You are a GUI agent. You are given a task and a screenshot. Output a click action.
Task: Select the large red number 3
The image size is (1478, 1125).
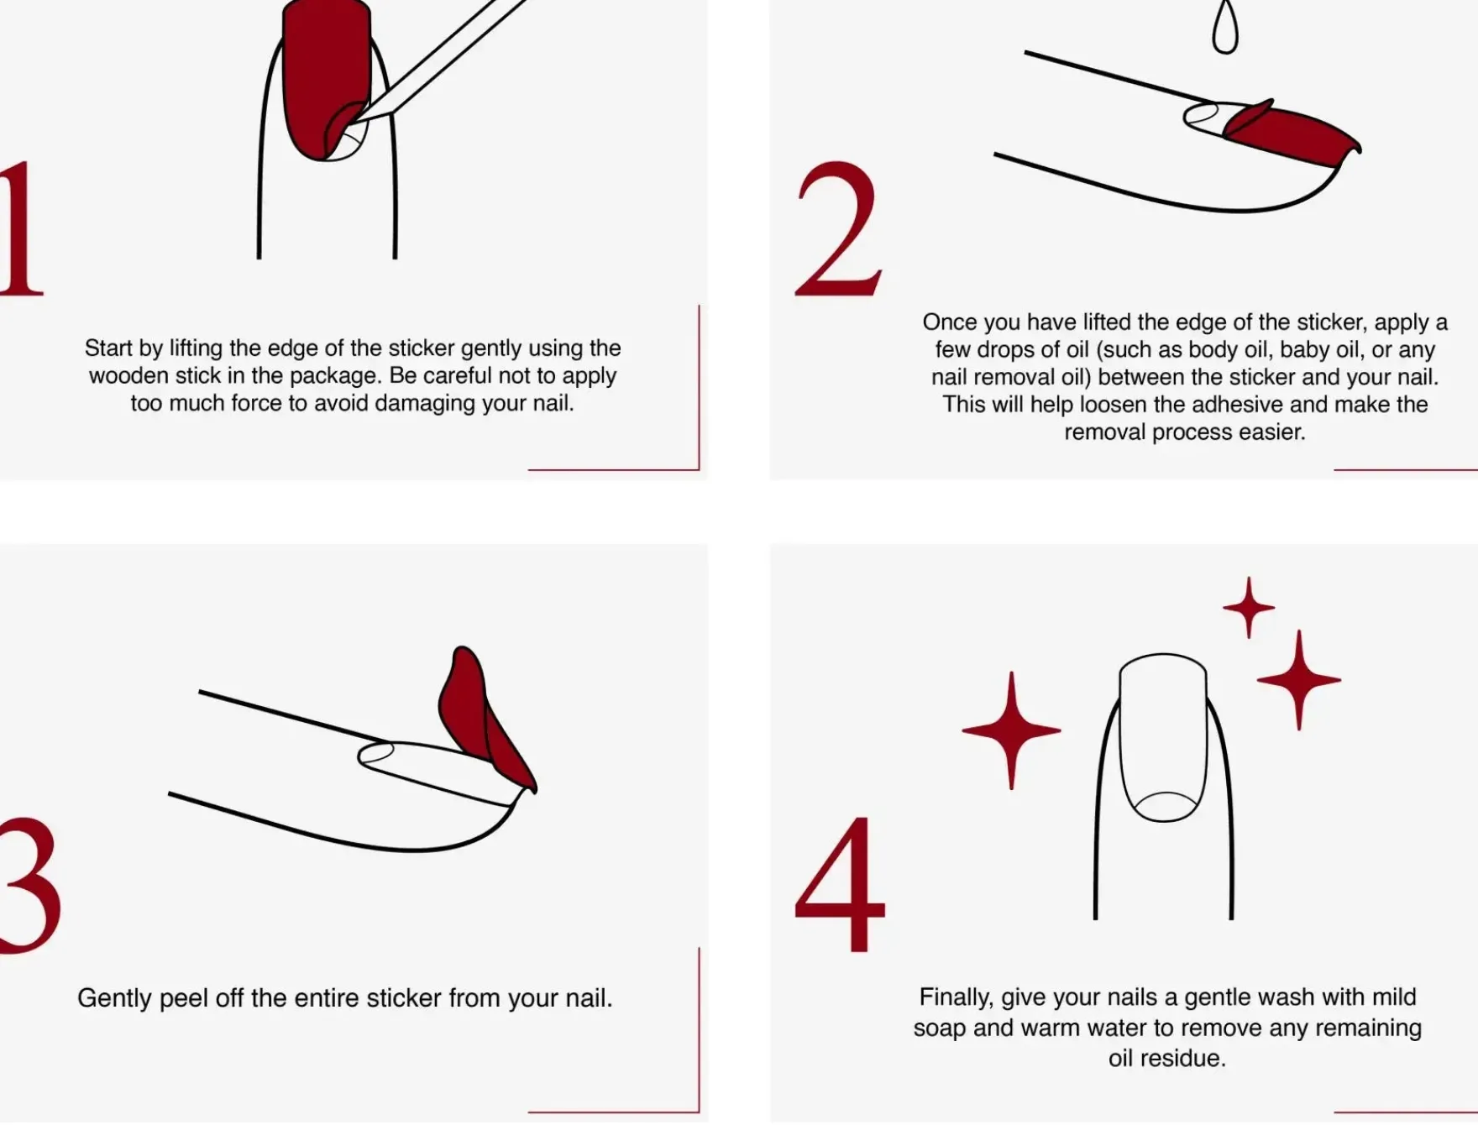coord(29,886)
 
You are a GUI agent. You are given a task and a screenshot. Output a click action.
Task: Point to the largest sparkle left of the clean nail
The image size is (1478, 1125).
coord(1011,730)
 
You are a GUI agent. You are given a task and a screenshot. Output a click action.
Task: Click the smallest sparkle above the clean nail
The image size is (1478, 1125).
coord(1249,607)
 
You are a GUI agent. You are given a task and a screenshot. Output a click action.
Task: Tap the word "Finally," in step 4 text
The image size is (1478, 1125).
coord(957,997)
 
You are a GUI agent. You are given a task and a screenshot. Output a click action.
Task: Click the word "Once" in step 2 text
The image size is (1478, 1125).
coord(949,322)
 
